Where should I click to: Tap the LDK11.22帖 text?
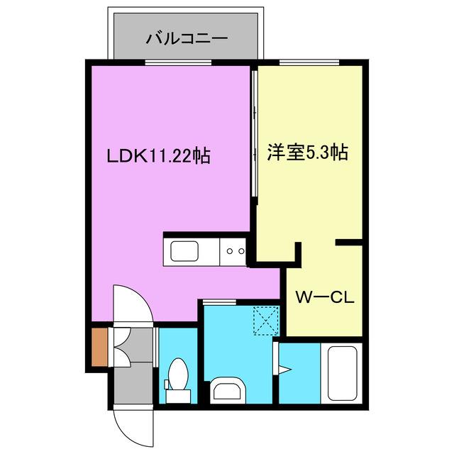[x=157, y=155]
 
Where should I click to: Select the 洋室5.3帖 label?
[x=307, y=152]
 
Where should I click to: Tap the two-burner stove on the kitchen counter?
[x=234, y=250]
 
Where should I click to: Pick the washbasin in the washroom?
[x=227, y=390]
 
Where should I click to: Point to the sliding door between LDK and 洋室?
[x=253, y=135]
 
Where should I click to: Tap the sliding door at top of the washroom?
[x=219, y=303]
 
